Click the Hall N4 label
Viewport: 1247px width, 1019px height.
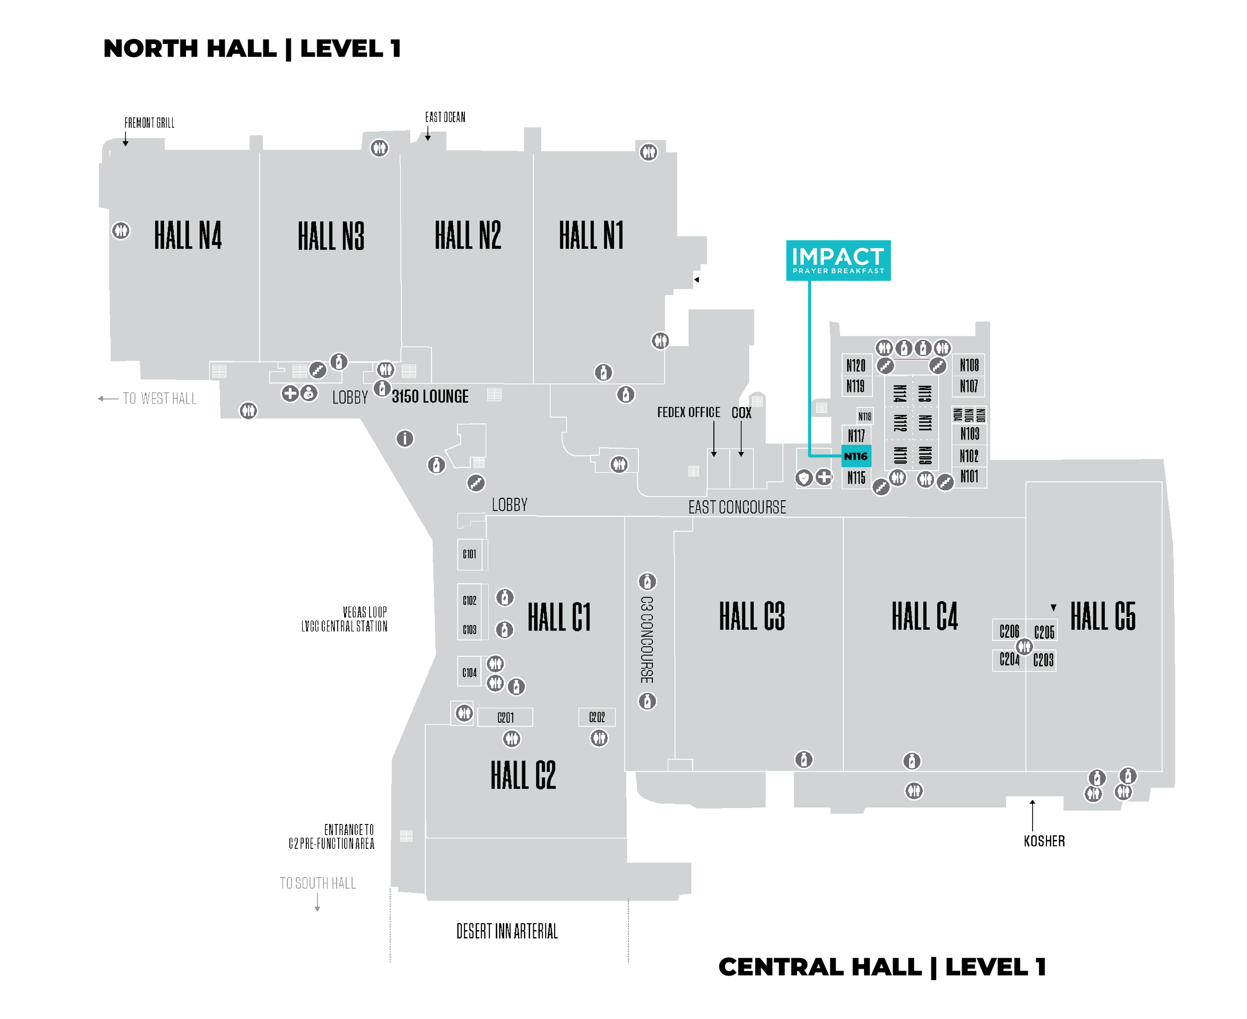(188, 235)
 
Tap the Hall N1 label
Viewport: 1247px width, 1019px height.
(591, 235)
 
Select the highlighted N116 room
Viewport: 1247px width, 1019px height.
(856, 456)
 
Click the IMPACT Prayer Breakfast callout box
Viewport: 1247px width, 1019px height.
(838, 260)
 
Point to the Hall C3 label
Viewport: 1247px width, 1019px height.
(752, 616)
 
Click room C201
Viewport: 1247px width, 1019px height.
(505, 717)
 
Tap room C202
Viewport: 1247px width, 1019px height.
(597, 717)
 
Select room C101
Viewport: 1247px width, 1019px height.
(470, 554)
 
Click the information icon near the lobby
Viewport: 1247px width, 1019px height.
(405, 438)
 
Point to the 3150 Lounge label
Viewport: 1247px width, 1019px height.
(430, 397)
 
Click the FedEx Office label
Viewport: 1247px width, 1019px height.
(688, 412)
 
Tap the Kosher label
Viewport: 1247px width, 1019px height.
(1044, 841)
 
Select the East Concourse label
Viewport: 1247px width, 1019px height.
(737, 507)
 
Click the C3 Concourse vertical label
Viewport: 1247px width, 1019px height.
(647, 640)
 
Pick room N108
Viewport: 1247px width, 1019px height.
(969, 365)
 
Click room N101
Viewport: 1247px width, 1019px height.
(969, 477)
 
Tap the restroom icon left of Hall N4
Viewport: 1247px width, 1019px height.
(121, 230)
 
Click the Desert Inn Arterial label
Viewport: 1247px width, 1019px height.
(507, 932)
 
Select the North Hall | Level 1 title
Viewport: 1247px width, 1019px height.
(252, 49)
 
